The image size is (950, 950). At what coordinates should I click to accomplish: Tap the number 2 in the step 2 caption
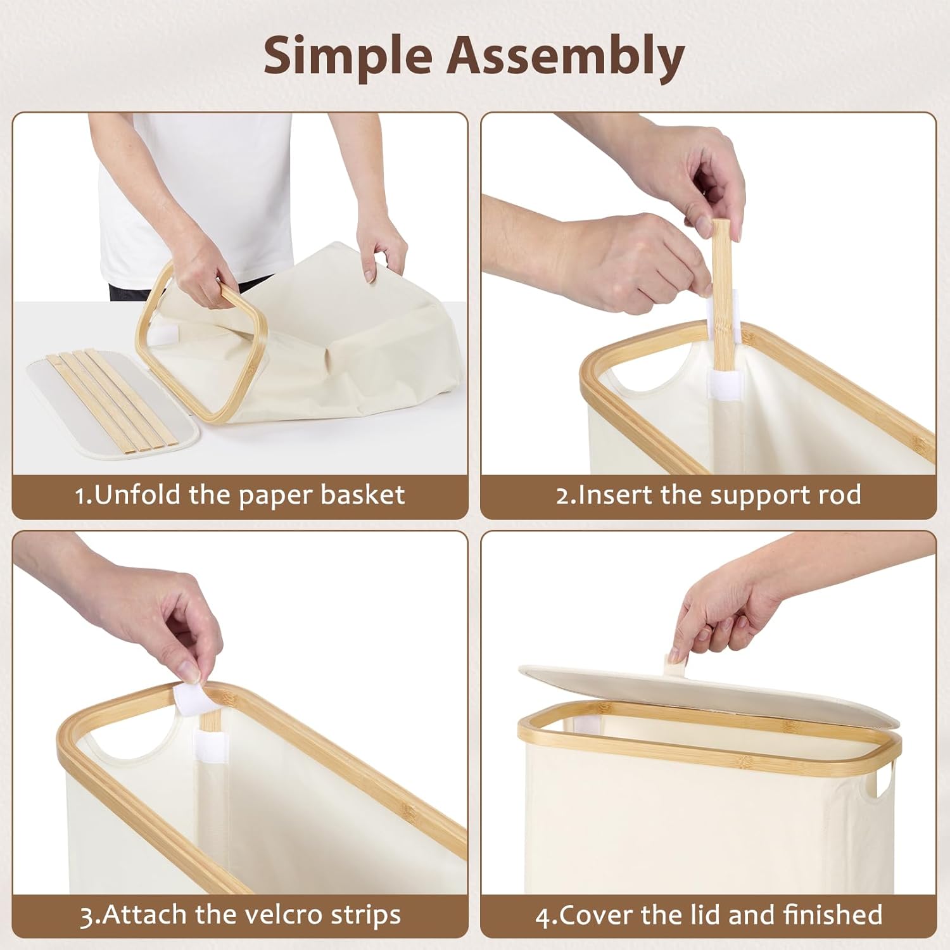(563, 495)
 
